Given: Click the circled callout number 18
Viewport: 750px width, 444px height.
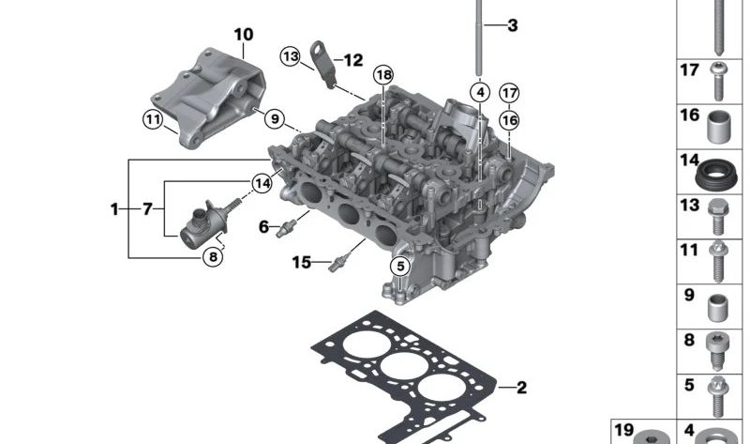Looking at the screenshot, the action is (383, 75).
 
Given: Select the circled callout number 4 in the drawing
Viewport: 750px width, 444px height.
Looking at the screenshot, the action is (480, 92).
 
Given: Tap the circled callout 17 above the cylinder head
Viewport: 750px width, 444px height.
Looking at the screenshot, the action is (509, 93).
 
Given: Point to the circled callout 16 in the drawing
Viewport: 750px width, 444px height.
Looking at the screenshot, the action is (509, 120).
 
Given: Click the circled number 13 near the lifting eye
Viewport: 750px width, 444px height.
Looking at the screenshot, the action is (291, 56).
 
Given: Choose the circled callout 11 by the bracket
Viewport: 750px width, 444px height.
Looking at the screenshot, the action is (153, 119).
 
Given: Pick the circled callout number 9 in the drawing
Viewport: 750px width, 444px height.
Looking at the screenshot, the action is (275, 118).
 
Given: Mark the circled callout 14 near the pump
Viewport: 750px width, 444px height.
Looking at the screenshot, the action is (262, 183).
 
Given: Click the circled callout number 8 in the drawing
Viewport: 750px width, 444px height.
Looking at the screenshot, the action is (213, 257).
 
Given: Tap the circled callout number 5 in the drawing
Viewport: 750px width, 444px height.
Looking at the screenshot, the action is (400, 267).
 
